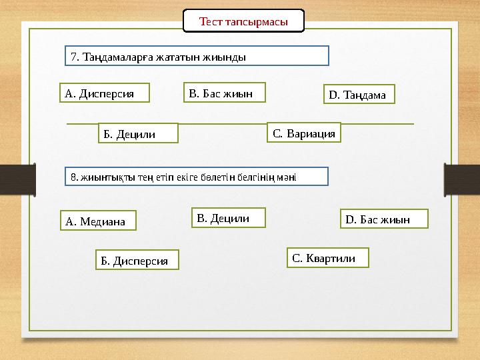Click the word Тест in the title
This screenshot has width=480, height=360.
click(211, 21)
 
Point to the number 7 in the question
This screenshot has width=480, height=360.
click(74, 57)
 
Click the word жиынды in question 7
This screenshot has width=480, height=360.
click(227, 57)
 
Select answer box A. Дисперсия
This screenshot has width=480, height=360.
click(104, 93)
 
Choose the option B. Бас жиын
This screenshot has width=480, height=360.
click(224, 93)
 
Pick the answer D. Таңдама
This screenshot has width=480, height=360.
click(359, 95)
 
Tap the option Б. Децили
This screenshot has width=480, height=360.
click(138, 133)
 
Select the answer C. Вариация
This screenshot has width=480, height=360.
click(304, 133)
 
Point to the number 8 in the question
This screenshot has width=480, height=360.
click(73, 177)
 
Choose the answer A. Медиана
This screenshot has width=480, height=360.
click(97, 221)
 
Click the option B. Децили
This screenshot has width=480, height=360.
click(228, 217)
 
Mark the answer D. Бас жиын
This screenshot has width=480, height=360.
click(384, 219)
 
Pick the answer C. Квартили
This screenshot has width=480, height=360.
click(328, 257)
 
